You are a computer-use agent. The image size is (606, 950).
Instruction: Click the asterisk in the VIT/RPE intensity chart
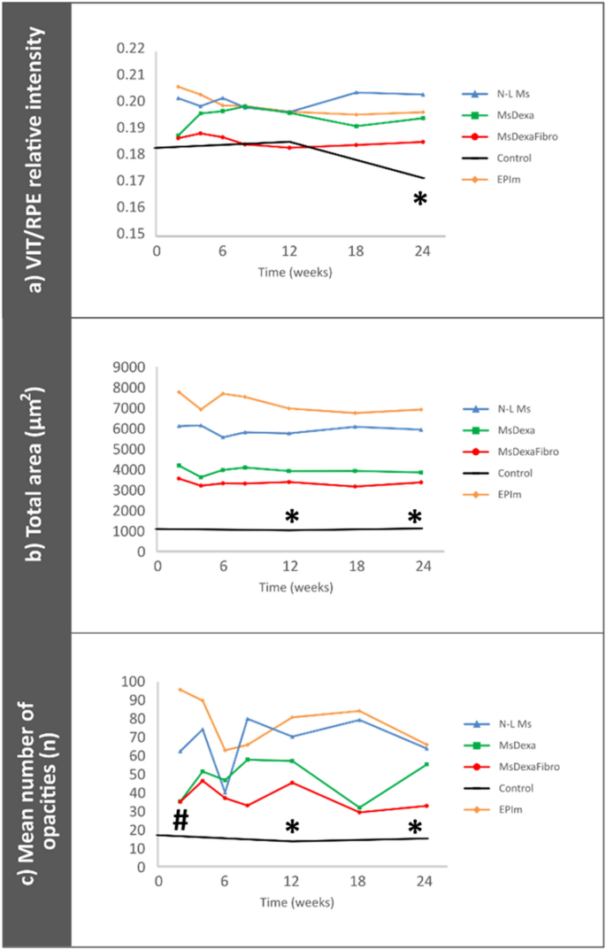(419, 200)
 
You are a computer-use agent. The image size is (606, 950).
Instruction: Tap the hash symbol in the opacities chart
(180, 821)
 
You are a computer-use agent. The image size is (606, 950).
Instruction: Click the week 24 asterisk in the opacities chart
(414, 829)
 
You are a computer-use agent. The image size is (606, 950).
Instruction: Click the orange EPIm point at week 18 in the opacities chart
(358, 711)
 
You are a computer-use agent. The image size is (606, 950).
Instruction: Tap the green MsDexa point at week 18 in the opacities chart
(358, 807)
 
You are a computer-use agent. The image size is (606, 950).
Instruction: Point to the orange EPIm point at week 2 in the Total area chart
(180, 392)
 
